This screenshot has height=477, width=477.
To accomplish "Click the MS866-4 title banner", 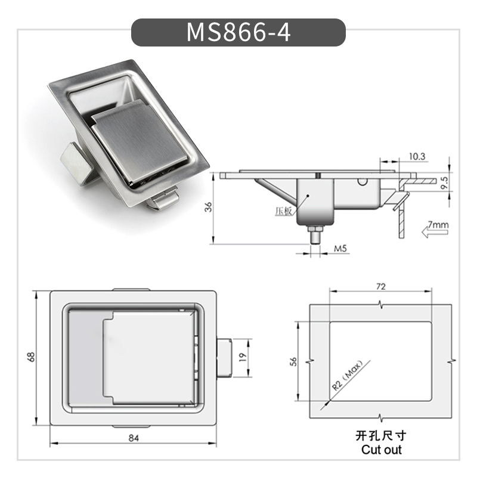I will [x=238, y=32].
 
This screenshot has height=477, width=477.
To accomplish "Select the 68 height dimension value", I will [x=32, y=357].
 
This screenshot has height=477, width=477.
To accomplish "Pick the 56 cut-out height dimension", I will [x=293, y=363].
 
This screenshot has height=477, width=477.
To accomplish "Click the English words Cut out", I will [x=382, y=450].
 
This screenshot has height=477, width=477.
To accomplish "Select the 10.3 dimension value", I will [x=417, y=156].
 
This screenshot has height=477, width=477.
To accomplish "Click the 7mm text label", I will [x=438, y=225].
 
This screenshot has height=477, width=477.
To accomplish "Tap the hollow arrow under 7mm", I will [x=433, y=234].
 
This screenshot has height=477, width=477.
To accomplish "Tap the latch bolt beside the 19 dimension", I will [x=224, y=357].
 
